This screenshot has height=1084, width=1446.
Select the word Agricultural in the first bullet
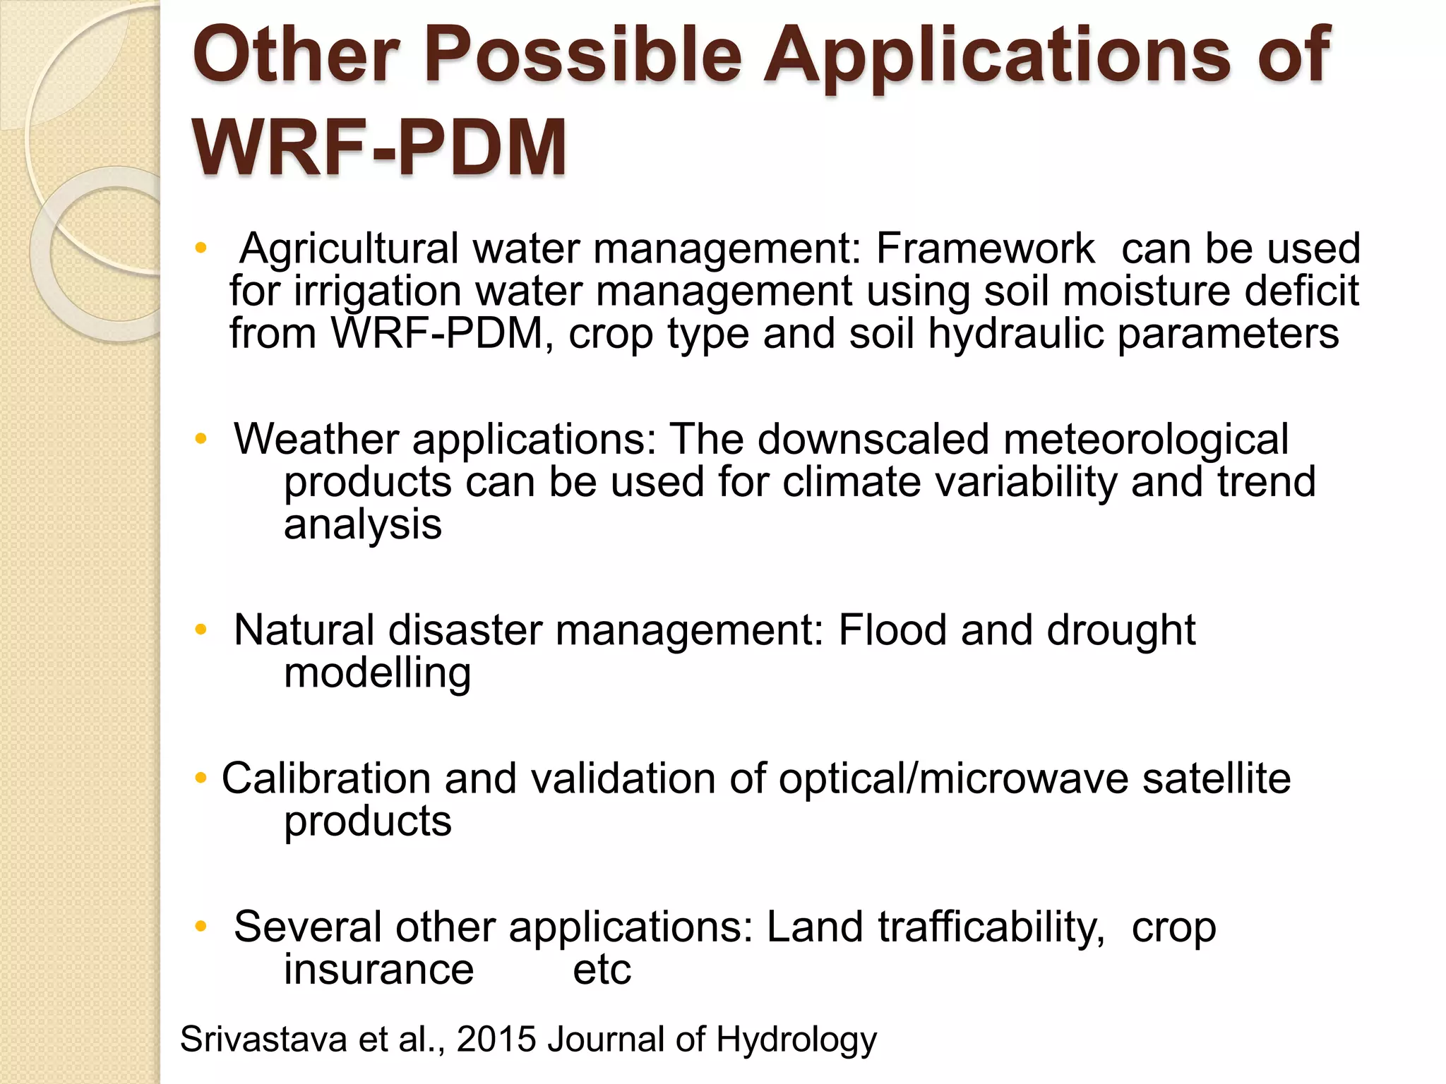pyautogui.click(x=349, y=249)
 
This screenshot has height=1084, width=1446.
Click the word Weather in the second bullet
pyautogui.click(x=316, y=439)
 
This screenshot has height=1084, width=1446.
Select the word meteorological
pyautogui.click(x=1145, y=439)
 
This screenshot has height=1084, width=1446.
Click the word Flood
pyautogui.click(x=892, y=630)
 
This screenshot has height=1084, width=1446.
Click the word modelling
pyautogui.click(x=377, y=673)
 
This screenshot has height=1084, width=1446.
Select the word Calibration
pyautogui.click(x=326, y=778)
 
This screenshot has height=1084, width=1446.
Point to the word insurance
pyautogui.click(x=378, y=970)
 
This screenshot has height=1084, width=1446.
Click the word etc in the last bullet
pyautogui.click(x=602, y=970)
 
